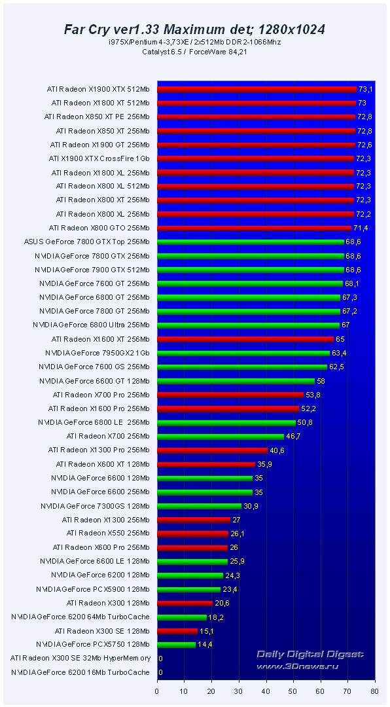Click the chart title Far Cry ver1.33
pos(194,29)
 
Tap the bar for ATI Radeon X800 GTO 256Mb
pos(254,228)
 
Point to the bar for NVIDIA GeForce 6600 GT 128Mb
pos(236,381)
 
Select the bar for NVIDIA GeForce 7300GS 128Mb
pos(199,506)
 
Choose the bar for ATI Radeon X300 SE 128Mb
pos(177,631)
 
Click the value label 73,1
pos(366,89)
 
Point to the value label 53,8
pos(313,395)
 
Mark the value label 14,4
pos(206,645)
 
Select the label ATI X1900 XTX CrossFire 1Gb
pos(99,158)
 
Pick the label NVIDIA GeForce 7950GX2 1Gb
pos(97,353)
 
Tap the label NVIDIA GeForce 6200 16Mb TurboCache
pos(80,672)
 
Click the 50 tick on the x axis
pos(293,690)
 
